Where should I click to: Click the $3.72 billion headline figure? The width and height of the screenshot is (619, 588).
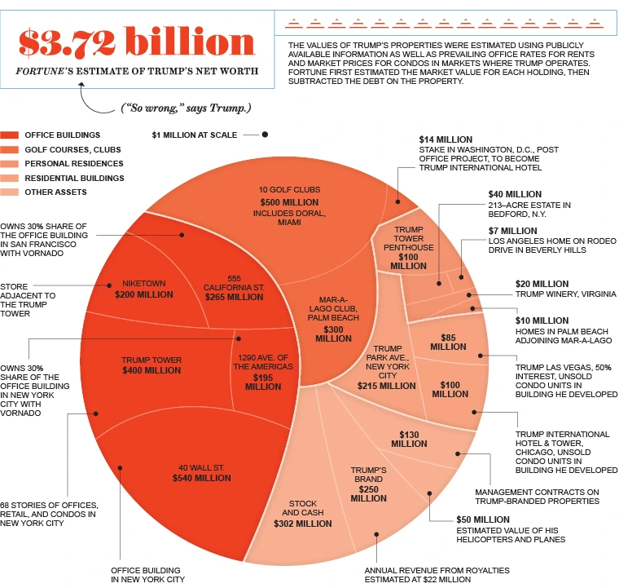(137, 42)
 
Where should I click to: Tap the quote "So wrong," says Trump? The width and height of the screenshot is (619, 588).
(186, 108)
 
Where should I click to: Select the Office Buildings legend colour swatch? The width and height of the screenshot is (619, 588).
(11, 135)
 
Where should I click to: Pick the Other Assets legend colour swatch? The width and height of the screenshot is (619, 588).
(11, 192)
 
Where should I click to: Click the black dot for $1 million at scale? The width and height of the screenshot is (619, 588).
(265, 135)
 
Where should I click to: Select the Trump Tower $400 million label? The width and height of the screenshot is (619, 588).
(151, 365)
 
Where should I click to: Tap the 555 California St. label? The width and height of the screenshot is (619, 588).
(234, 287)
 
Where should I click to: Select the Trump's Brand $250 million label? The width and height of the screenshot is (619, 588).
(368, 484)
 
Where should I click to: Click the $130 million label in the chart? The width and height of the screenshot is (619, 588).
(409, 439)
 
